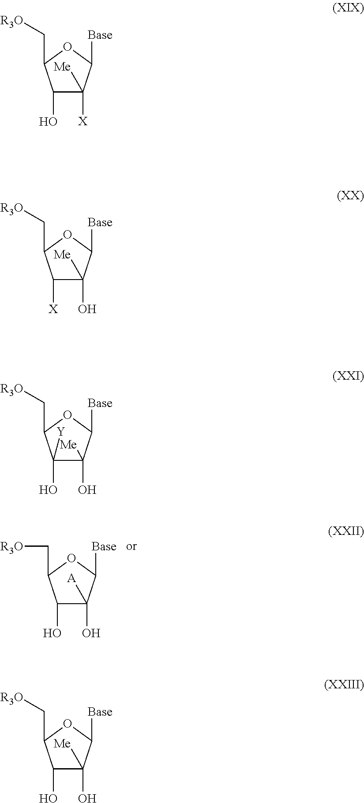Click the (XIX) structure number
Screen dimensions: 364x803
pos(348,8)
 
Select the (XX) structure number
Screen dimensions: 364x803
pos(350,196)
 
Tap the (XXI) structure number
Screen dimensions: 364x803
pos(348,376)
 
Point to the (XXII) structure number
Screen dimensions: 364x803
pos(346,532)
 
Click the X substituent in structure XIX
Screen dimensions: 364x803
pos(83,122)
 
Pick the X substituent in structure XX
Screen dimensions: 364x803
pos(53,309)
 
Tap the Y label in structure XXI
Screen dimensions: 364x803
pos(61,432)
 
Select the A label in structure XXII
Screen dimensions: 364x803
pos(71,579)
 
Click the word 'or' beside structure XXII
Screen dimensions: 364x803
pos(131,546)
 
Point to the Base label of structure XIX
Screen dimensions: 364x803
pos(100,35)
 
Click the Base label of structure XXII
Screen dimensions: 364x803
pos(104,546)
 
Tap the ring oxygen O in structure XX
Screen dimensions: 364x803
pos(67,234)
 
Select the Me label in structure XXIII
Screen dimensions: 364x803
pos(62,744)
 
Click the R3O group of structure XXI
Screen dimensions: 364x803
pos(11,389)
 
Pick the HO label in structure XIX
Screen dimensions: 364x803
pos(48,122)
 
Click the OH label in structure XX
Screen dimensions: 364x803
pos(87,309)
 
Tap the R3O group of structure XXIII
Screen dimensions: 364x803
pos(11,698)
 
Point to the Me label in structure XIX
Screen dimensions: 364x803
pos(62,67)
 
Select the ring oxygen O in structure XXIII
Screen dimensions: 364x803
pos(67,724)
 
